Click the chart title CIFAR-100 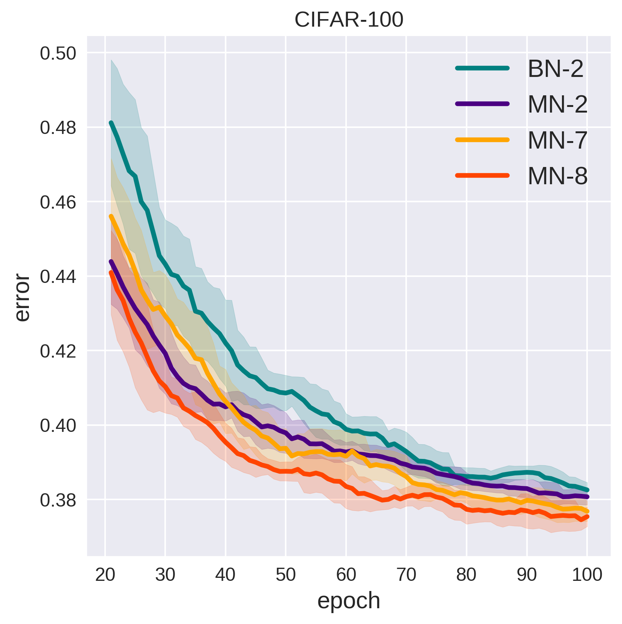[x=349, y=20]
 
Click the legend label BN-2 [x=556, y=69]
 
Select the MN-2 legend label [x=557, y=104]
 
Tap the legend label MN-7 [x=557, y=140]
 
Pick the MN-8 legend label [x=557, y=176]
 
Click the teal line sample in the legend [x=482, y=68]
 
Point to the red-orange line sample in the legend [x=482, y=175]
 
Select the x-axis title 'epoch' [x=349, y=601]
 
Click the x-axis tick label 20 [x=105, y=575]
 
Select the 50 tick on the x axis [x=286, y=575]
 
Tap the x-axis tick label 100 [x=587, y=575]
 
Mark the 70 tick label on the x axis [x=406, y=575]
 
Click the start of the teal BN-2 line [x=111, y=123]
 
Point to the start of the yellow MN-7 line [x=111, y=216]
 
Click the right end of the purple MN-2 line [x=587, y=497]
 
